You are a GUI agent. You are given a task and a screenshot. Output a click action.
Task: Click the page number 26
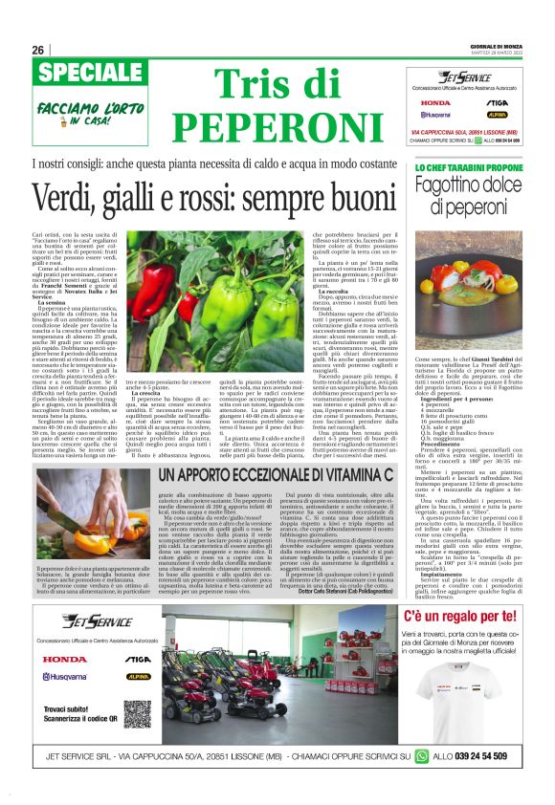pos(37,50)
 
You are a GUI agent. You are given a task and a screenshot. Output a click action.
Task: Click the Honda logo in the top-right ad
pos(435,102)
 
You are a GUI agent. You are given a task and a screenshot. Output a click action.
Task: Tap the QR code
pos(134,711)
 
